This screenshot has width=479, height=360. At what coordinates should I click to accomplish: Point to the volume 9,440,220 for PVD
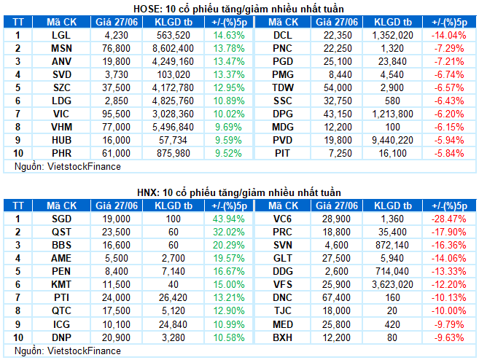pyautogui.click(x=394, y=140)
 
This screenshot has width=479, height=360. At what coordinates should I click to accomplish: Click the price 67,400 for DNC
pyautogui.click(x=340, y=297)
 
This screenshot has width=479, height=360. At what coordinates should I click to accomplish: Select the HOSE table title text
pyautogui.click(x=240, y=8)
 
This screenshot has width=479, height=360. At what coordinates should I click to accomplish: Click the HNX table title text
pyautogui.click(x=240, y=192)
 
